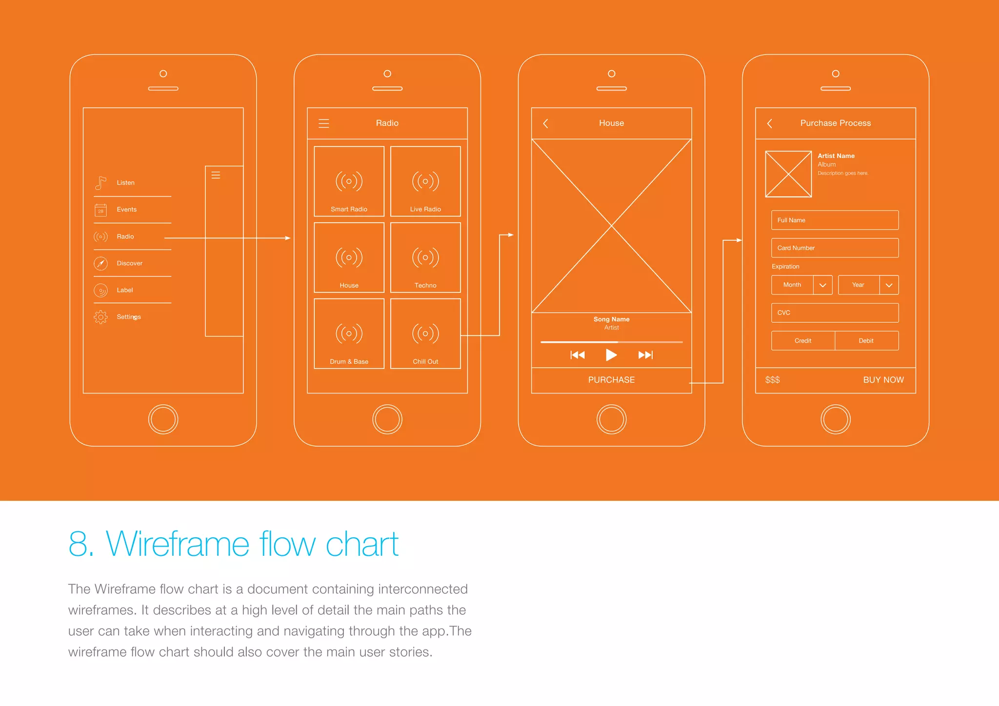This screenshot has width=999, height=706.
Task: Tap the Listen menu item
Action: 125,183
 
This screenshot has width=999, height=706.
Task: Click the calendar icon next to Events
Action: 100,210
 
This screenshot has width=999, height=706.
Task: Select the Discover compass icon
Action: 100,263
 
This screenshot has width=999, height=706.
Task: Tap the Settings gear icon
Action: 100,317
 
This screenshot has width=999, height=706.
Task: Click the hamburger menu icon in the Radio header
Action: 324,123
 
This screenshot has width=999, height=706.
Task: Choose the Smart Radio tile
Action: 349,181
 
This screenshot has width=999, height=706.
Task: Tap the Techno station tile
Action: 425,257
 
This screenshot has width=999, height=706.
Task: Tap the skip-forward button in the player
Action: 645,355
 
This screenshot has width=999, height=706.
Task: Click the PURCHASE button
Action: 611,380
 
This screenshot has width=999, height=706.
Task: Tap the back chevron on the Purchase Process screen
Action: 770,123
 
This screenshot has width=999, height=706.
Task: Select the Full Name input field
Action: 835,220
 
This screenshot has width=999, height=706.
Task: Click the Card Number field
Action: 835,248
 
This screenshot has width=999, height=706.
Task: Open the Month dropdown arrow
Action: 822,285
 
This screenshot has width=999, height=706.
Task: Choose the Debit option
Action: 866,341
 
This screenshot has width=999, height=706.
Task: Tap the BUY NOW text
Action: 883,380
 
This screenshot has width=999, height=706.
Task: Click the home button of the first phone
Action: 163,419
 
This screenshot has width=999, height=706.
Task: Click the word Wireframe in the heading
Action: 178,544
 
